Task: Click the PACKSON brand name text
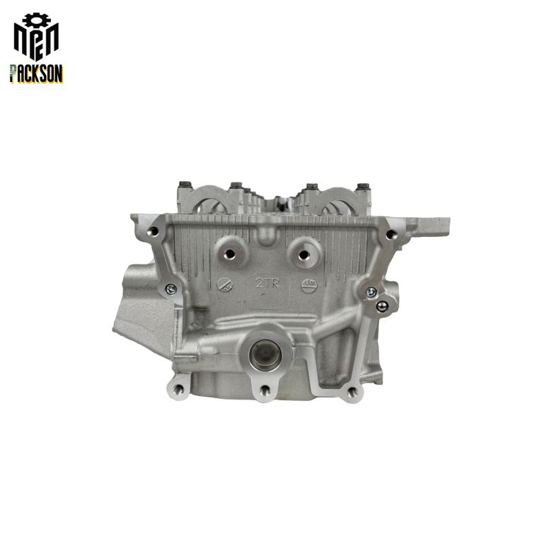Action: pos(36,74)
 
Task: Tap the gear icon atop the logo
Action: pos(37,20)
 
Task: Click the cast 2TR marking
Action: pos(267,282)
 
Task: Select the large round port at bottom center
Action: pos(265,355)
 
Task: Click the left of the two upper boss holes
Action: pos(230,253)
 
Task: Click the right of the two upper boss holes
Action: pos(303,254)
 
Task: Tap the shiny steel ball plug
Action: pos(382,306)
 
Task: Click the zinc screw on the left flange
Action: pos(170,289)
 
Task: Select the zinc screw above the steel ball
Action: pos(371,291)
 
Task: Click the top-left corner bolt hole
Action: pos(153,232)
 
